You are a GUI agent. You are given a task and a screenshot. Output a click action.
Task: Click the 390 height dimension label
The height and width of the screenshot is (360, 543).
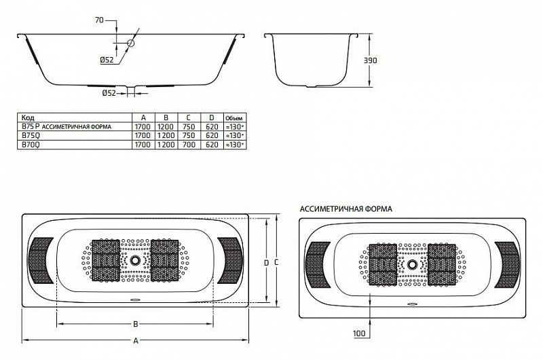pos(370,60)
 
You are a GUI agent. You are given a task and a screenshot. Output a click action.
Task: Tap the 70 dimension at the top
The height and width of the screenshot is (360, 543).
pos(99,20)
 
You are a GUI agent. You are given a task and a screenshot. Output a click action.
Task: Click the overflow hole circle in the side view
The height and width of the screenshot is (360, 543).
pos(130,43)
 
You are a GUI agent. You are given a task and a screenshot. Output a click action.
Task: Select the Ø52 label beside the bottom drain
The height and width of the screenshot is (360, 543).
pos(109,93)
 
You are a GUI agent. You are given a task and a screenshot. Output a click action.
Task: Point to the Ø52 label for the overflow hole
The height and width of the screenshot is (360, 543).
pos(107,60)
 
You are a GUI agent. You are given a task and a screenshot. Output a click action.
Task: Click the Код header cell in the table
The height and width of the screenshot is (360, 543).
pos(28,118)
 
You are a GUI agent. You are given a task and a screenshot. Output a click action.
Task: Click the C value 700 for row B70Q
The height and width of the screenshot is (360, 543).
pos(189,145)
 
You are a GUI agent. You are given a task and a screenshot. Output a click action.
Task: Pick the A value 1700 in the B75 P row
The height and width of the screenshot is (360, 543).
pos(143,127)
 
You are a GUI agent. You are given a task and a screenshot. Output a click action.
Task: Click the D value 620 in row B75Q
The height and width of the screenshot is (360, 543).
pos(212,135)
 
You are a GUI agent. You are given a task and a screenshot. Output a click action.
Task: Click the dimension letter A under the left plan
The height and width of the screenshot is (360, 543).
pos(136,341)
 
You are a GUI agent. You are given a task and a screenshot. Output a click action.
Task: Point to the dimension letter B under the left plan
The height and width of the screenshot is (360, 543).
pos(136,324)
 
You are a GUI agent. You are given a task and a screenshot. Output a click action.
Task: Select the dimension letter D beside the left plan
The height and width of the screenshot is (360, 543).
pos(266,263)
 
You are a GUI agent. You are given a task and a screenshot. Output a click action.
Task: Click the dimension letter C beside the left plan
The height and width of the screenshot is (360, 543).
pos(276,263)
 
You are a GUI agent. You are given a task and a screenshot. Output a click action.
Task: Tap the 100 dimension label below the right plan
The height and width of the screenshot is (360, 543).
pos(359,334)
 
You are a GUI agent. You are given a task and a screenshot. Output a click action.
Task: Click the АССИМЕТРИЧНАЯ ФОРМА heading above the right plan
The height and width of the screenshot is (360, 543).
pos(346,209)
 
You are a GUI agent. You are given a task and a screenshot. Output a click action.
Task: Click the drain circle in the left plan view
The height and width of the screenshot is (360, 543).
pos(135,259)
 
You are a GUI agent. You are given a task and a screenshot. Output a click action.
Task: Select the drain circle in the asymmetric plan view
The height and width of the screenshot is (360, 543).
pos(412,264)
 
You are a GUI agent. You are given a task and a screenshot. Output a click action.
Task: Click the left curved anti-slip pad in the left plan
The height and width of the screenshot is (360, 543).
pos(40,261)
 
